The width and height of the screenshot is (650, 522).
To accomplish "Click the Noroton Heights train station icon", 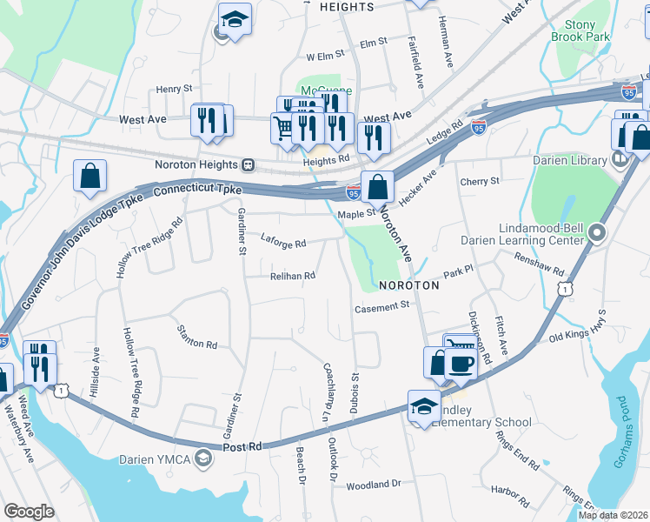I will point(249,164).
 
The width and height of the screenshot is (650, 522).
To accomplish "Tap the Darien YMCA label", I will point(156,458).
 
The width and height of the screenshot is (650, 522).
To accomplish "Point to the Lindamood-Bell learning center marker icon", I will point(597,232).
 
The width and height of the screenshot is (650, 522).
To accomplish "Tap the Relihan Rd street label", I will point(291,276).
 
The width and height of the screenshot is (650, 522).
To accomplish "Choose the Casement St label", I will point(381,307).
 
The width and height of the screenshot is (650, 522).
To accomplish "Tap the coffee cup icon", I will point(461,363).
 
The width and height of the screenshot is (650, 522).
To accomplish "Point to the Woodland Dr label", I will point(373,484).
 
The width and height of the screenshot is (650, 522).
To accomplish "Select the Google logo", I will point(30,512).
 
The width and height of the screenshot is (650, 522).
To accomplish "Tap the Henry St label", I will point(174,89).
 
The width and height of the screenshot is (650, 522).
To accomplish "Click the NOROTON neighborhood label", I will point(408,285).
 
